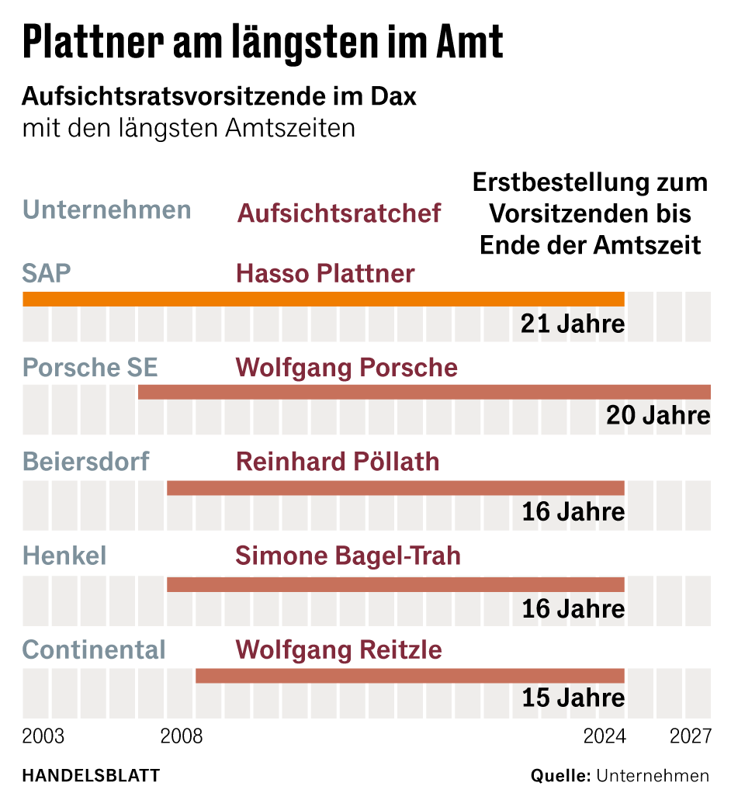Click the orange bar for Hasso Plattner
click(323, 299)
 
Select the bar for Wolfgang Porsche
click(424, 392)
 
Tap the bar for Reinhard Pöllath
click(395, 488)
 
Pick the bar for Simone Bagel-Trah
click(395, 584)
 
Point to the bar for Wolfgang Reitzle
click(410, 676)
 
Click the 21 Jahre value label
click(573, 324)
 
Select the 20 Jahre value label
click(658, 416)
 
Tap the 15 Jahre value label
click(573, 698)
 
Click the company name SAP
click(47, 273)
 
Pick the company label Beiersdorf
click(86, 462)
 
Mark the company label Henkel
click(64, 556)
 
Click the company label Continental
click(94, 649)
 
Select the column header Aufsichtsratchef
click(339, 213)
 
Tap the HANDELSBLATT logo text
click(91, 774)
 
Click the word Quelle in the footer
click(559, 774)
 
